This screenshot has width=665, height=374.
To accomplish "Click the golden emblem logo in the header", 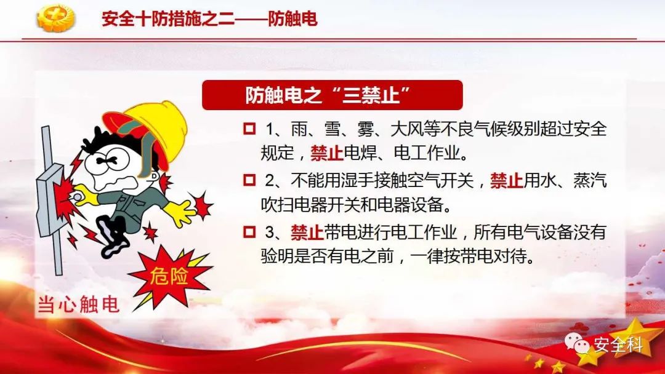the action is [55, 18].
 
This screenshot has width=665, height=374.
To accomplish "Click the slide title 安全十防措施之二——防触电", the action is [209, 18].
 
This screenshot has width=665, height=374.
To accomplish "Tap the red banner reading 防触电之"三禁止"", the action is [332, 95].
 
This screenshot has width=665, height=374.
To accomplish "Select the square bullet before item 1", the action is [250, 129].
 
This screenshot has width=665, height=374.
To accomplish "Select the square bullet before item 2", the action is [250, 180].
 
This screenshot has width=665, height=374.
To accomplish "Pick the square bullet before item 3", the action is [250, 232].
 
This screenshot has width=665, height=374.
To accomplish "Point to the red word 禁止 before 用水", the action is [506, 181].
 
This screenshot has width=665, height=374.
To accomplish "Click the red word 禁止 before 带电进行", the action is [307, 233].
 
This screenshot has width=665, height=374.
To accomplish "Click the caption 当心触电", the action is [78, 304].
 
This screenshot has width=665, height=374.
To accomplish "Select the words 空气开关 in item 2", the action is [440, 181].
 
